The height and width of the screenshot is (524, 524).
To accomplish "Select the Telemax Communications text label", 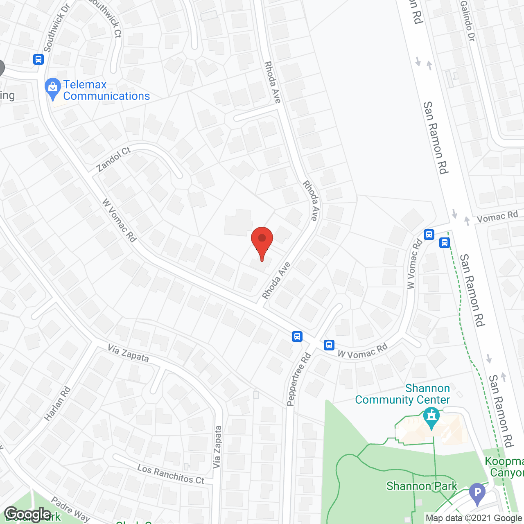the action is [x=106, y=90].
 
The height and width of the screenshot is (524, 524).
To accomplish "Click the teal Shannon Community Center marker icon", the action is [x=431, y=417].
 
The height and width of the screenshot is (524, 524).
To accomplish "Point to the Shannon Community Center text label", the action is [x=402, y=394].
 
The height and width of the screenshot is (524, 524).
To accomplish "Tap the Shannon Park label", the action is [x=422, y=486].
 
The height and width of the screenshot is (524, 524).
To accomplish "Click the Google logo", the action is [x=28, y=514].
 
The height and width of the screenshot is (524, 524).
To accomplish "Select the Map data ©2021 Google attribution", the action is [x=474, y=518].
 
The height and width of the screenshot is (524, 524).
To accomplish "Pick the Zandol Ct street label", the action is [x=113, y=160].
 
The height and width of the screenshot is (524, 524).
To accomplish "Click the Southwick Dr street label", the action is [x=56, y=28].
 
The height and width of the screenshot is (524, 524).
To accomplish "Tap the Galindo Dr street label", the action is [x=467, y=20].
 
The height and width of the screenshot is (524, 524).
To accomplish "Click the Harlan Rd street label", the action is [x=57, y=404].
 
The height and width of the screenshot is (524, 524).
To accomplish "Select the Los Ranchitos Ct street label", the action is [x=171, y=474].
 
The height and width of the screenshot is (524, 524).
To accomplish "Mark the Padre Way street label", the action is [x=70, y=509].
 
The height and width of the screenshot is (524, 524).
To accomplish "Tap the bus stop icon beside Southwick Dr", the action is [x=38, y=59].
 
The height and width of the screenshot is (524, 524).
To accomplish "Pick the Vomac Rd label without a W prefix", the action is [x=497, y=217].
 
